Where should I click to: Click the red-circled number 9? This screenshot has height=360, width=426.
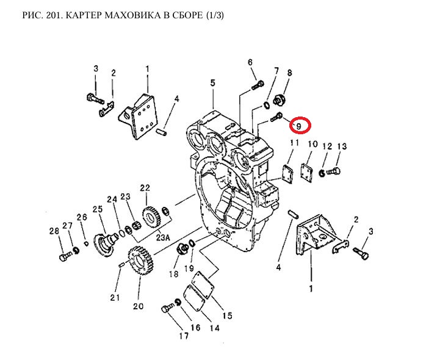coord(299,126)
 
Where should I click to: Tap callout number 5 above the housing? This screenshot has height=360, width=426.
coord(213,82)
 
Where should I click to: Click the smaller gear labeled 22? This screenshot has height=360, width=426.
coord(150,216)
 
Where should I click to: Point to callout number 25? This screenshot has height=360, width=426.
coord(96,209)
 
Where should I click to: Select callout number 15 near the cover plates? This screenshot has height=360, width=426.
coord(227,316)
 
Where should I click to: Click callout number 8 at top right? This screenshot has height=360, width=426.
coord(290,73)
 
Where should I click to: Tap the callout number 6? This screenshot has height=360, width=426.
coord(250,62)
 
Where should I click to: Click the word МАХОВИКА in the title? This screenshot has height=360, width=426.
coord(115,14)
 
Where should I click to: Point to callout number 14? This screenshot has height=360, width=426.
coord(214,328)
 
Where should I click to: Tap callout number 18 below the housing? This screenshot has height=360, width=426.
coord(174,275)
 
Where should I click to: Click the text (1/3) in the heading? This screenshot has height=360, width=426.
coord(213,14)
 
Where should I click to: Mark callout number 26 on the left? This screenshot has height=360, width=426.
coord(82,217)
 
